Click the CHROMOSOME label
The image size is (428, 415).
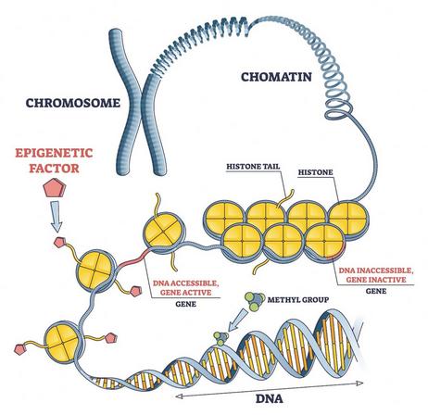pyautogui.click(x=73, y=103)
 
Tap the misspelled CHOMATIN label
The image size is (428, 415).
pyautogui.click(x=276, y=77)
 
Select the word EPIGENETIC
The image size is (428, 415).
pyautogui.click(x=54, y=153)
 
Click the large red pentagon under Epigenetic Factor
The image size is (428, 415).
pyautogui.click(x=55, y=188)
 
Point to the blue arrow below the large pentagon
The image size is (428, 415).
pyautogui.click(x=57, y=216)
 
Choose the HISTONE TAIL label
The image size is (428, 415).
pyautogui.click(x=253, y=167)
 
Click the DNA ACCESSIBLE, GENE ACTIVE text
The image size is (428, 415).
pyautogui.click(x=186, y=288)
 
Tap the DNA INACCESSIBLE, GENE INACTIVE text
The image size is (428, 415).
pyautogui.click(x=376, y=275)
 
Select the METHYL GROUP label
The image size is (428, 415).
pyautogui.click(x=298, y=299)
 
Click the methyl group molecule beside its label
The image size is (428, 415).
pyautogui.click(x=255, y=301)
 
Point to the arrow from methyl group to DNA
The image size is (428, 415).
pyautogui.click(x=238, y=320)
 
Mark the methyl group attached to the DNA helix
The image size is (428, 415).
pyautogui.click(x=221, y=338)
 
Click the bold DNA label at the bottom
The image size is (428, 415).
pyautogui.click(x=270, y=398)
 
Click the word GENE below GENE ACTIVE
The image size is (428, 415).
pyautogui.click(x=186, y=304)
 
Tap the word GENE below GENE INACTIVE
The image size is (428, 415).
pyautogui.click(x=376, y=291)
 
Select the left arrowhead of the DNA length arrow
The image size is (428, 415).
pyautogui.click(x=179, y=396)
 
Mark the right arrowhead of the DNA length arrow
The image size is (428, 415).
pyautogui.click(x=359, y=384)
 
